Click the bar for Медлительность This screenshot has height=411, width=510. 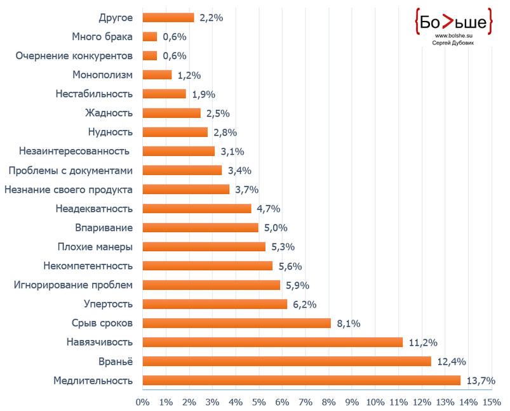coord(302,381)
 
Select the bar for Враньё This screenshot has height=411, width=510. coord(286,362)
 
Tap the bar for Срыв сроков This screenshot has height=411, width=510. coord(236,323)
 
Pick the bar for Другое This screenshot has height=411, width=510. coord(168,18)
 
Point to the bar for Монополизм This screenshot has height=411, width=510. coord(157,75)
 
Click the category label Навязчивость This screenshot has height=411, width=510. coord(100,342)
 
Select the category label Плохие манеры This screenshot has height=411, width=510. coord(95,247)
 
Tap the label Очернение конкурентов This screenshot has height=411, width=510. coord(74,56)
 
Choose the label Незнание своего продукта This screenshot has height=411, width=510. coord(68,189)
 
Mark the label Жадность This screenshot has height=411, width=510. coord(109,113)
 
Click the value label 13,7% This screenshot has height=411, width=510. coord(480,381)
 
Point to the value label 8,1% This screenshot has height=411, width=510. coord(349,323)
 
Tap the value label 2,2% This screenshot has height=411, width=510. coord(211,18)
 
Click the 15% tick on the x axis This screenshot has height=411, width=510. coord(492,402)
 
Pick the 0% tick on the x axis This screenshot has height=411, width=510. coord(143,402)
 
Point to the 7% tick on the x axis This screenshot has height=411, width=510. coord(305,402)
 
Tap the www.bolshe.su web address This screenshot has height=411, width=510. coord(452,36)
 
